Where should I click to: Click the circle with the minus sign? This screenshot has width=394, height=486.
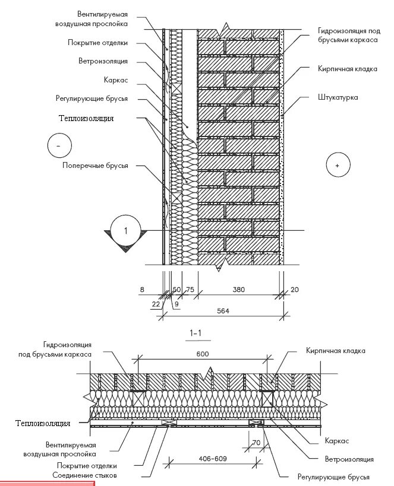(x=58, y=145)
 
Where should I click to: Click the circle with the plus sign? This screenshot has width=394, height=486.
(x=337, y=166)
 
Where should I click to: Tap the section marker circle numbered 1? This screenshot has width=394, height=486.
(x=125, y=230)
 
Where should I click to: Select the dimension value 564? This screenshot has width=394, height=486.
(x=223, y=310)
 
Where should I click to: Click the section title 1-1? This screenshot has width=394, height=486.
(x=197, y=333)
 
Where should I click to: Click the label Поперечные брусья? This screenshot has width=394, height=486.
(x=96, y=166)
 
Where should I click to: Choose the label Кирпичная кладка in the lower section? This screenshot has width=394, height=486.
(x=336, y=351)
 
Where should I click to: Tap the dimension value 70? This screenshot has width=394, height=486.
(x=257, y=443)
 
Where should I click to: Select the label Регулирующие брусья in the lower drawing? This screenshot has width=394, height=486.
(x=333, y=477)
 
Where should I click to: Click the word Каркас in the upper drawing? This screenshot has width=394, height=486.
(x=116, y=80)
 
